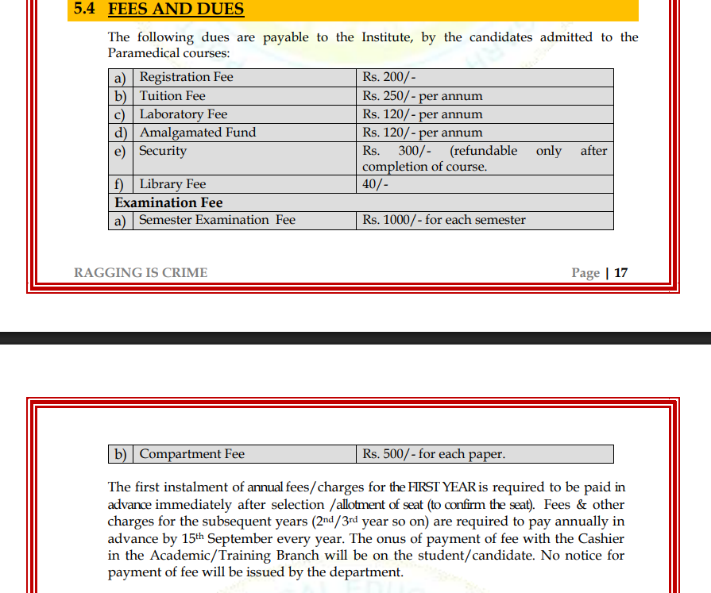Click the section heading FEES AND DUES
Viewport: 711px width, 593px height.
(x=176, y=10)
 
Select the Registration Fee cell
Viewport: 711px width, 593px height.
(x=187, y=77)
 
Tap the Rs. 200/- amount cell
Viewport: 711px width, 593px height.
(x=389, y=77)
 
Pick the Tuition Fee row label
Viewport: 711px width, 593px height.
(x=172, y=96)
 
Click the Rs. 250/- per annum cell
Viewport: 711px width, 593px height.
(x=423, y=96)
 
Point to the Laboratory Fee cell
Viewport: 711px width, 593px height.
(x=184, y=114)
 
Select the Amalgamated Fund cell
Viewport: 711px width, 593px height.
(x=198, y=133)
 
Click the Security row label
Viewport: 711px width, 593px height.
(x=163, y=151)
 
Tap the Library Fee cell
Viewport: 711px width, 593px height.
(x=172, y=184)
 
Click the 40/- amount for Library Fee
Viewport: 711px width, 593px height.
(x=376, y=184)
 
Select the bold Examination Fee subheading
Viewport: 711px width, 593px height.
(x=168, y=202)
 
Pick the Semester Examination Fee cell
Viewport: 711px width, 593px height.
(x=217, y=220)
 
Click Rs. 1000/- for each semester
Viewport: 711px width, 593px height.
(x=444, y=220)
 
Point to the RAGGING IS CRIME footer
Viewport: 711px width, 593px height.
(x=141, y=273)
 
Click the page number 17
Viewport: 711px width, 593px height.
(x=620, y=273)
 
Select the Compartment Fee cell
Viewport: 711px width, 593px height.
(x=192, y=454)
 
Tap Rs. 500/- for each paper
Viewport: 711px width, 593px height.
(x=434, y=454)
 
